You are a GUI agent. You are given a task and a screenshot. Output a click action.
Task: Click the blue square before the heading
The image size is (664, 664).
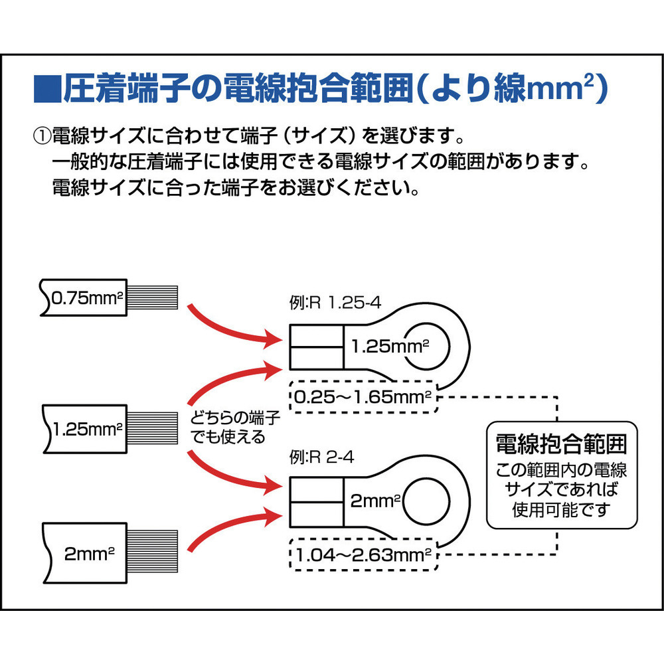[x=47, y=88]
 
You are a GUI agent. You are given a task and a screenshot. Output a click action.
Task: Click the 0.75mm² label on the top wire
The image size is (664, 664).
[x=87, y=297]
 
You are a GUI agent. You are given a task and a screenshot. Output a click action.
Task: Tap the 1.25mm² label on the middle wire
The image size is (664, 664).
[x=88, y=429]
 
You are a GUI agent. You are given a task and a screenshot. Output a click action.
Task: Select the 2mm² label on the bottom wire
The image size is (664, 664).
[x=90, y=554]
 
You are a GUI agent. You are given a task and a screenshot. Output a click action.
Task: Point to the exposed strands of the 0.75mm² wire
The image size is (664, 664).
[x=153, y=297]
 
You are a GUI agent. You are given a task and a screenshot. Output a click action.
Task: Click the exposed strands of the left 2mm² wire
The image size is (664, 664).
[x=153, y=551]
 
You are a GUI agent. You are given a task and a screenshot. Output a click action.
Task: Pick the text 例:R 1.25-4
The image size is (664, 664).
[x=335, y=303]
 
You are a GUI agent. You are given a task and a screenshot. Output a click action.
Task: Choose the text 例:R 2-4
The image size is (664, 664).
[x=321, y=457]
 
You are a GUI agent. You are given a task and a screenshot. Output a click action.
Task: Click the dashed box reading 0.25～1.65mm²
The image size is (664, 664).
[x=364, y=397]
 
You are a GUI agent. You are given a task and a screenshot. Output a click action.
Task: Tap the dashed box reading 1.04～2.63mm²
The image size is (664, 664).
[x=364, y=554]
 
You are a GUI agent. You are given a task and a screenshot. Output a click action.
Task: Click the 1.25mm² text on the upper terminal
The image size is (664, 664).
[x=390, y=347]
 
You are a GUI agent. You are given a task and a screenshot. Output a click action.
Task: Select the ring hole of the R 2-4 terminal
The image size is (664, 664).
[x=426, y=501]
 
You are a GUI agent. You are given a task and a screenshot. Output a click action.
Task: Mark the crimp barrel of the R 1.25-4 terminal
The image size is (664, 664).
[x=316, y=347]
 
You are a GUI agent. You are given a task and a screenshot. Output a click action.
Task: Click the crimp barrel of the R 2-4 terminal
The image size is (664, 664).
[x=316, y=502]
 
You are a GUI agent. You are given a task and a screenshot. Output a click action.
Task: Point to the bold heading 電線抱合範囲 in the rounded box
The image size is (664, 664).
[x=561, y=444]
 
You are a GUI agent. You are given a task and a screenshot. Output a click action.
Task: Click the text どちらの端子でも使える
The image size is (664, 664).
[x=235, y=427]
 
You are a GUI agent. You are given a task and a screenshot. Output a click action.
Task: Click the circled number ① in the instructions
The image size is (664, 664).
[x=42, y=136]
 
